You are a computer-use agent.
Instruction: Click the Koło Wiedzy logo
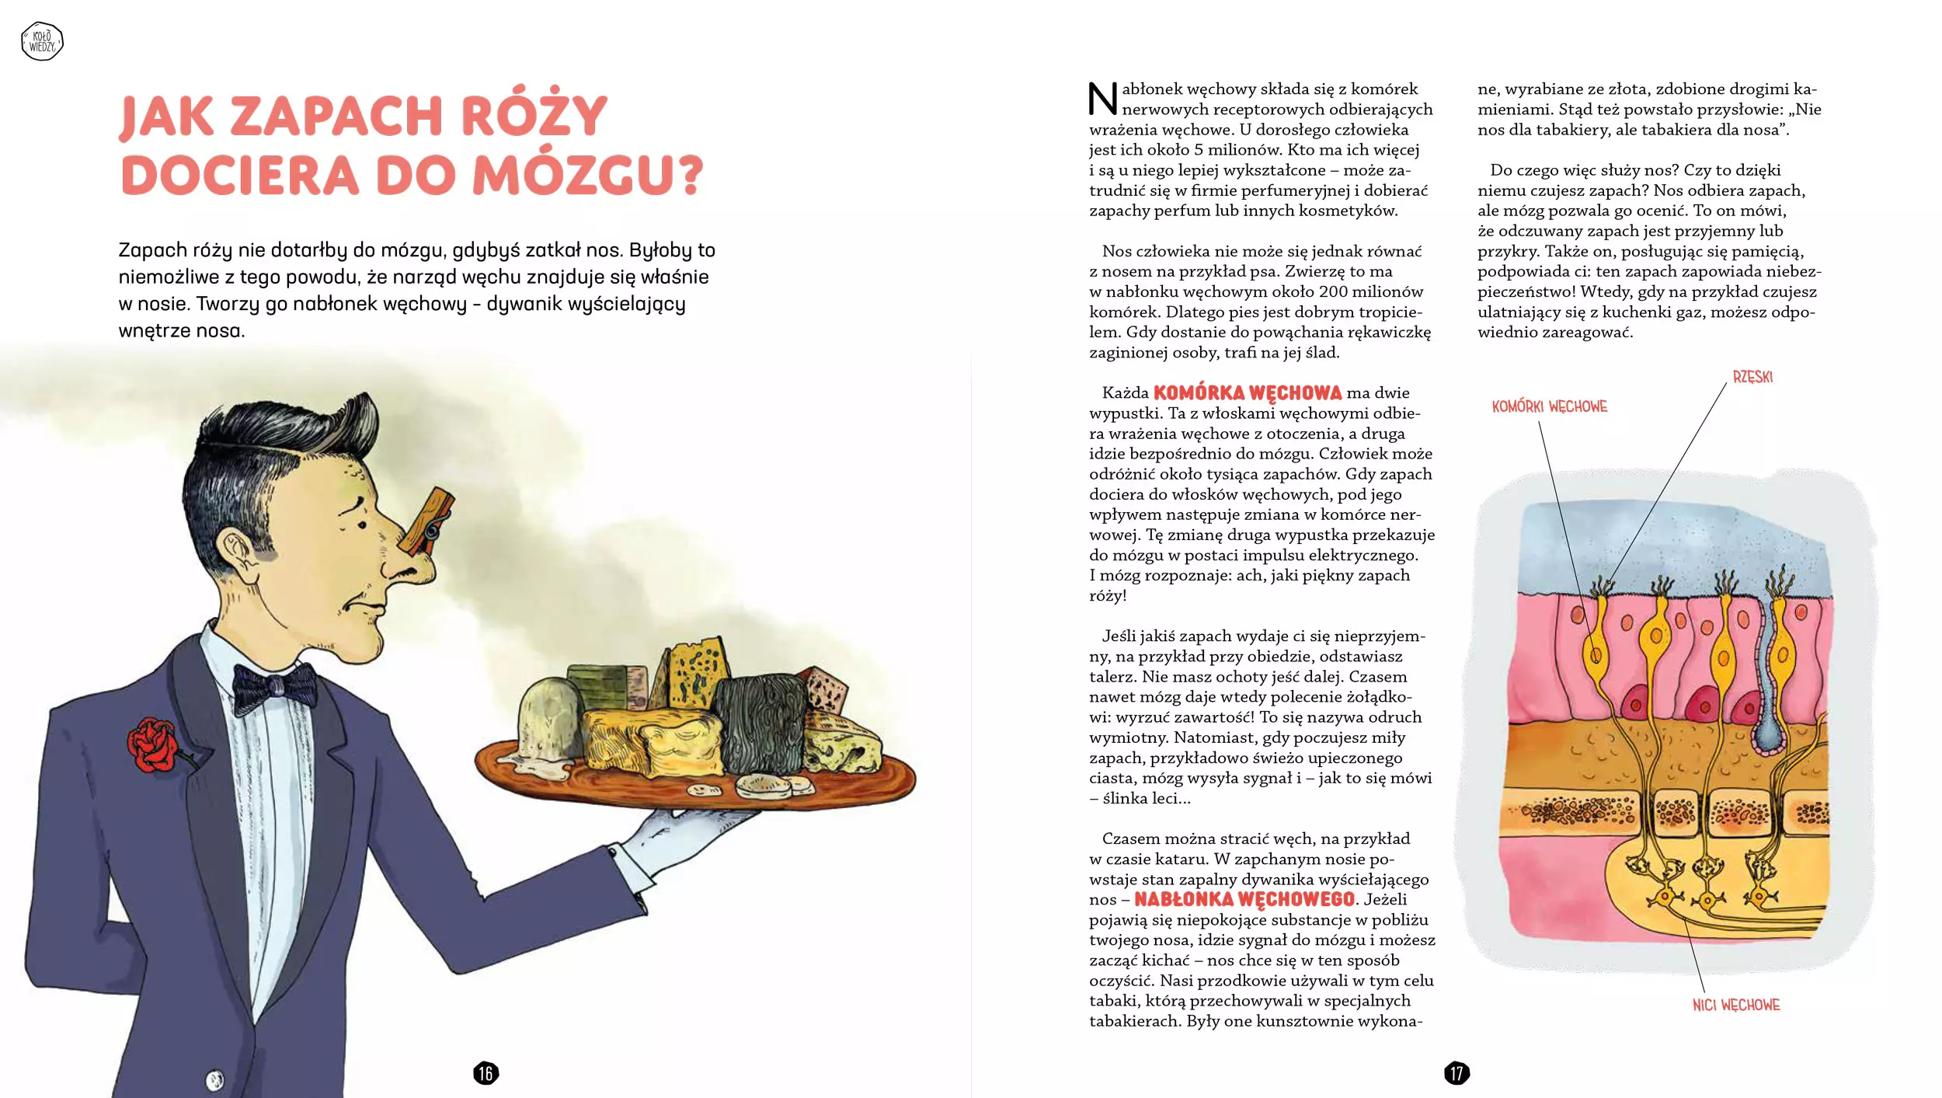click(x=42, y=41)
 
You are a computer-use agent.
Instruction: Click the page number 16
click(x=486, y=1073)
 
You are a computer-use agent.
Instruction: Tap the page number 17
click(x=1456, y=1073)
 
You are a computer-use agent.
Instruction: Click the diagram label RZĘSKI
click(x=1752, y=378)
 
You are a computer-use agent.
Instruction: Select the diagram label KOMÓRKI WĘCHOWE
click(x=1549, y=406)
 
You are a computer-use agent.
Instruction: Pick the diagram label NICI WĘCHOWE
click(x=1736, y=1005)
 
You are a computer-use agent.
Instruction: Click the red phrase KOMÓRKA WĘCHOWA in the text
click(x=1247, y=393)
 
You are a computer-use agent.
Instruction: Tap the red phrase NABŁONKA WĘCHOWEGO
click(x=1244, y=900)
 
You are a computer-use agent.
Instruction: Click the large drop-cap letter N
click(x=1102, y=99)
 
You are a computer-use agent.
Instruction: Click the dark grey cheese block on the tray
click(x=761, y=723)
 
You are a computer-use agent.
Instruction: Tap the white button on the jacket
click(x=214, y=1080)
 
